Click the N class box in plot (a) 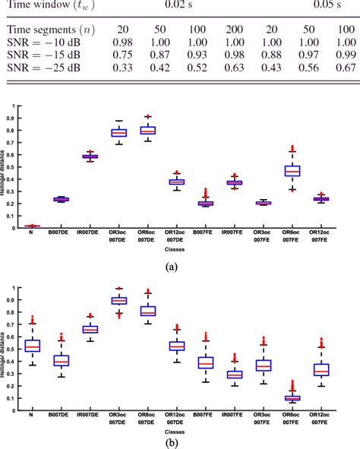32,226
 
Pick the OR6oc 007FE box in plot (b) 292,397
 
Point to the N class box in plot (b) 32,346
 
